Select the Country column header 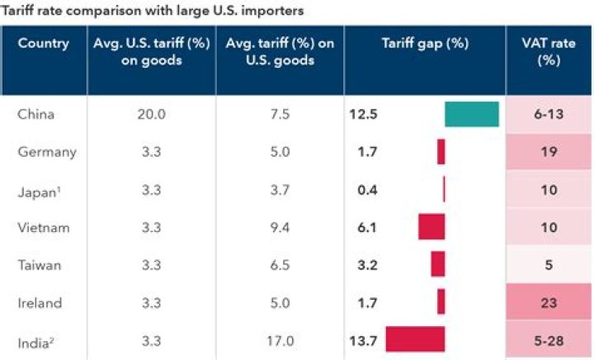click(43, 44)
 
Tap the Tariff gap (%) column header click(424, 44)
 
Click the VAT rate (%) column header click(549, 51)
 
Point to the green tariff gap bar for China click(472, 114)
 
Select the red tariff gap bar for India click(415, 339)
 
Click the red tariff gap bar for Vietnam click(431, 226)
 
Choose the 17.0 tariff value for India click(279, 339)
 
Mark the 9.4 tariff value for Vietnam click(279, 226)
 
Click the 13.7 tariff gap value click(363, 339)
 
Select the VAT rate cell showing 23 click(549, 302)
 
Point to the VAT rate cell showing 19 click(549, 152)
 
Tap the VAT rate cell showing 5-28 click(549, 339)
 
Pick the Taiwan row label click(36, 264)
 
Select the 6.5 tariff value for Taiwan click(279, 264)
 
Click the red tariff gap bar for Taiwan click(438, 264)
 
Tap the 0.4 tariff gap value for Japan click(363, 189)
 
